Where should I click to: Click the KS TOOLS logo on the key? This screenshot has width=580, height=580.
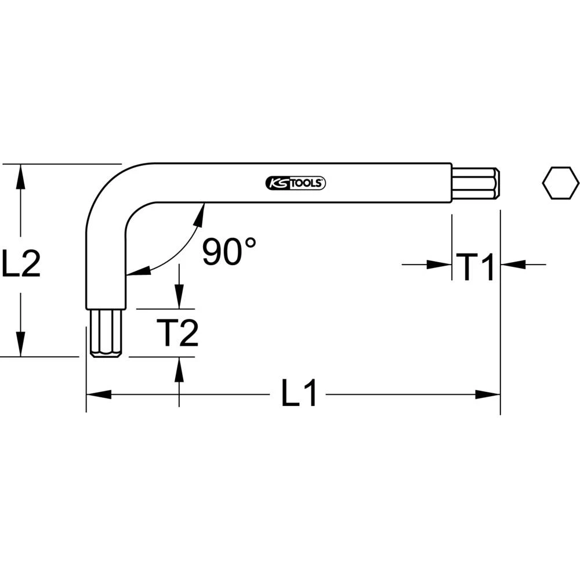[296, 183]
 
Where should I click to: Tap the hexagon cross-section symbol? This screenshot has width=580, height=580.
[560, 183]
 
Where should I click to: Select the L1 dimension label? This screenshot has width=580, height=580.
[300, 394]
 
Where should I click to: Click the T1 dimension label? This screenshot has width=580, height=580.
[476, 266]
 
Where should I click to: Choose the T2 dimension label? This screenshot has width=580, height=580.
[178, 333]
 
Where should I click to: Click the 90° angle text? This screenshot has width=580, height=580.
[229, 252]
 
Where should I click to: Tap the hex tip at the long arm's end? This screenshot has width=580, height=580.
[476, 183]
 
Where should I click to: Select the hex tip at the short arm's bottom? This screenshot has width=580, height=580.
[106, 333]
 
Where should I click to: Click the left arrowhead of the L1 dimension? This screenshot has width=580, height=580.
[97, 394]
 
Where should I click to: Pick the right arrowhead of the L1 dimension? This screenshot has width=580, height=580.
[488, 394]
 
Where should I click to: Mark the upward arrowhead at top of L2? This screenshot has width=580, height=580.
[21, 175]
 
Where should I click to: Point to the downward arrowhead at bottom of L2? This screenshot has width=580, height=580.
[21, 345]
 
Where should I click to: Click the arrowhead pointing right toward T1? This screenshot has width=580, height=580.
[440, 265]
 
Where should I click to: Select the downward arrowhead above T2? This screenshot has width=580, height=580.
[179, 298]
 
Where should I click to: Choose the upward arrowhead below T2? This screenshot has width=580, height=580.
[179, 368]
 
